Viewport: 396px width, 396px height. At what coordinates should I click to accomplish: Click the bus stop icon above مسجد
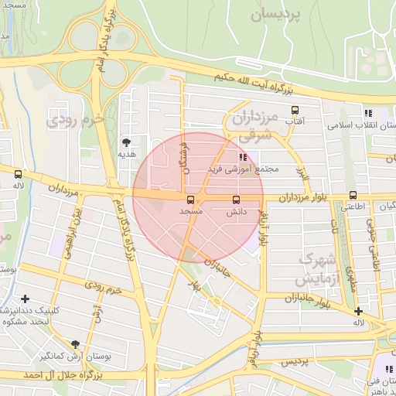coord(191,200)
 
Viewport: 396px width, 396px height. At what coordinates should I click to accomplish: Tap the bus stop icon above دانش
coord(236,200)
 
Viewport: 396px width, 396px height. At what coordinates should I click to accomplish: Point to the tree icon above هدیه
coord(126,142)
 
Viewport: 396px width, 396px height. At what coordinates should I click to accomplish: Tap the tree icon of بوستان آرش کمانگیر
coord(75,344)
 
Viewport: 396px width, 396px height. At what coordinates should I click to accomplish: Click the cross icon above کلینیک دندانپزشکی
coord(26,299)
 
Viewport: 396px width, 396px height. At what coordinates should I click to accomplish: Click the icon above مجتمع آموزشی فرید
coord(233,157)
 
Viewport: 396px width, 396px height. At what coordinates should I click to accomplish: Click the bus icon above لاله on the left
coord(18,174)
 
